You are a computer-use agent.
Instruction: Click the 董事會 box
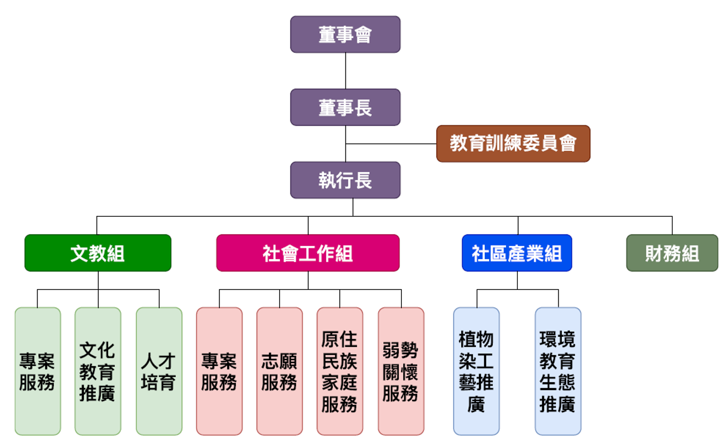345,35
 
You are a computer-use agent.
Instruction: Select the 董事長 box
345,107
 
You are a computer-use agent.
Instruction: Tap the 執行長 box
345,180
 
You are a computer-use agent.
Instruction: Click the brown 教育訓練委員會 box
513,144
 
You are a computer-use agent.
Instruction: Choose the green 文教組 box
97,253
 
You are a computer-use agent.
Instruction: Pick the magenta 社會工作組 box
307,253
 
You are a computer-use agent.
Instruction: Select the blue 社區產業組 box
516,253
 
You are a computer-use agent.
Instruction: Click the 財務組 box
672,253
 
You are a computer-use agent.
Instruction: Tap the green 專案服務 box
38,371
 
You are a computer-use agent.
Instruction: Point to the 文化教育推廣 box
97,371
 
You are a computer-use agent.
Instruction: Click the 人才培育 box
159,371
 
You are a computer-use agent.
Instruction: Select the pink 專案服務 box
219,371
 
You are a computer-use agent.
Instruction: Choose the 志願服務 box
279,371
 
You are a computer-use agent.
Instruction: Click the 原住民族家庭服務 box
340,371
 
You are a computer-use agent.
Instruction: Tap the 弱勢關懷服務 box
400,371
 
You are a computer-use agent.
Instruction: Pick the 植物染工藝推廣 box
476,371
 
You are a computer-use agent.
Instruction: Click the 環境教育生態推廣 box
558,371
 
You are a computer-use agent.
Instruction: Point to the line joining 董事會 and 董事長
345,71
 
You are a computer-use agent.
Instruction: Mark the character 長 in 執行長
363,180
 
